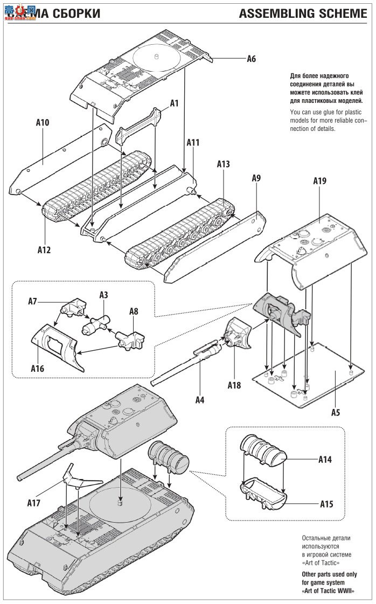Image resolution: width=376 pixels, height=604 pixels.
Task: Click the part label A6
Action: click(x=251, y=59)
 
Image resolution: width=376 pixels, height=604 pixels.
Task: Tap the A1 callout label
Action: click(x=174, y=102)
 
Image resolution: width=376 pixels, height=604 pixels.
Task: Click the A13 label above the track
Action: click(x=223, y=164)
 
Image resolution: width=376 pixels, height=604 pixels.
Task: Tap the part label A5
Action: click(x=335, y=412)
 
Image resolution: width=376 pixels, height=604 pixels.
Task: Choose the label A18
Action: click(x=234, y=385)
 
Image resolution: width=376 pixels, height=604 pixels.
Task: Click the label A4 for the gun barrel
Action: click(x=199, y=400)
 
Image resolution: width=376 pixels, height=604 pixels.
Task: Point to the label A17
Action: click(x=34, y=503)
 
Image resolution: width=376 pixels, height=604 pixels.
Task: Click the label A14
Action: click(x=325, y=460)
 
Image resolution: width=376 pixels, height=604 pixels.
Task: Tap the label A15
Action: click(x=326, y=504)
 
